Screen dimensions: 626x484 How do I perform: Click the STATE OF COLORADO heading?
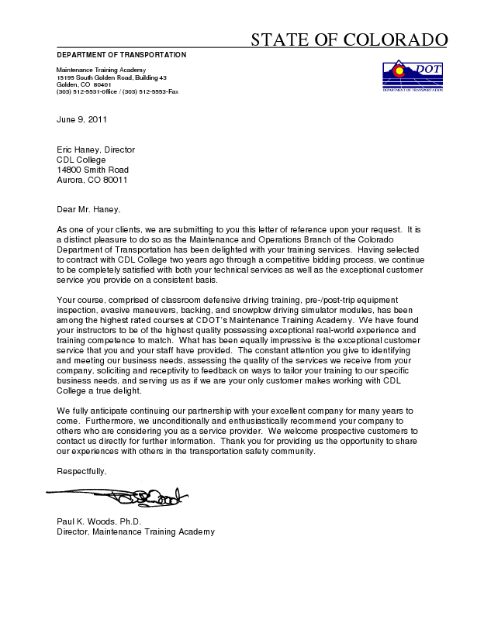349,40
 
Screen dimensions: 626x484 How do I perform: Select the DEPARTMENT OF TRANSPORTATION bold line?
121,55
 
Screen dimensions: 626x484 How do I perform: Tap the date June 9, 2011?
81,119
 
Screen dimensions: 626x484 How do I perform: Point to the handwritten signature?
116,494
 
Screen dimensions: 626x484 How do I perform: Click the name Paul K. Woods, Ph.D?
99,521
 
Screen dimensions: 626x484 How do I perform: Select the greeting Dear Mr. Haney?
89,209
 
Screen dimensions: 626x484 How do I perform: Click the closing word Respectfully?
81,471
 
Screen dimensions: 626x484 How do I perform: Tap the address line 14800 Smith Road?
92,170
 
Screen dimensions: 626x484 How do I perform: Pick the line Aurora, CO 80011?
92,180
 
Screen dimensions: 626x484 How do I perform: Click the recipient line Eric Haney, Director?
95,150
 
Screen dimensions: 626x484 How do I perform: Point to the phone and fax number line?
117,91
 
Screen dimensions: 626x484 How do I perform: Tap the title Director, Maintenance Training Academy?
135,531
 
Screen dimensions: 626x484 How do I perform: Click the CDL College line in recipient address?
81,160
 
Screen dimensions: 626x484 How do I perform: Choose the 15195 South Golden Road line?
112,77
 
